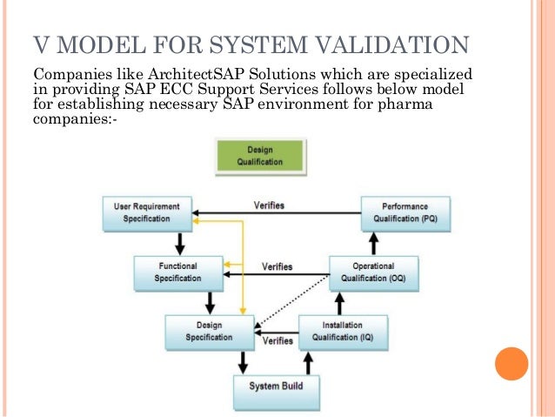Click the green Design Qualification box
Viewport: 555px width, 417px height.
260,155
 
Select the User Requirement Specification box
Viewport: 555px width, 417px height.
147,212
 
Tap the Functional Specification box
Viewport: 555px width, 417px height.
177,272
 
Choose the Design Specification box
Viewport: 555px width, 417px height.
210,331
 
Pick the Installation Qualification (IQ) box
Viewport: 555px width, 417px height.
344,331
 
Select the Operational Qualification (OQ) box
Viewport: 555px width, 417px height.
374,272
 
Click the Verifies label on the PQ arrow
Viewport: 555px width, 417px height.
269,206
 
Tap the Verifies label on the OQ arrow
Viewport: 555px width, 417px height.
277,266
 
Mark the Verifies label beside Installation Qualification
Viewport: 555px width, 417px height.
277,340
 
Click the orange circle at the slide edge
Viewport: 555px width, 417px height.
511,363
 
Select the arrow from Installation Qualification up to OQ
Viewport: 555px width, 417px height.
341,304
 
